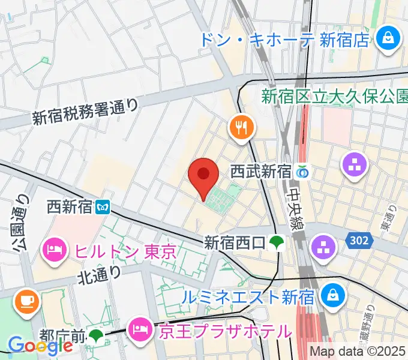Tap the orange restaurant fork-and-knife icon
pos(242,127)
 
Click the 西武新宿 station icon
pos(302,173)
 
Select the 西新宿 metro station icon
pos(103,208)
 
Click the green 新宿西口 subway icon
pos(277,242)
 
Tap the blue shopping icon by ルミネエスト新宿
pos(330,295)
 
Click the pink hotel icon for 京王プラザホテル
pos(142,328)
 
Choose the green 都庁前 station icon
pos(96,335)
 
